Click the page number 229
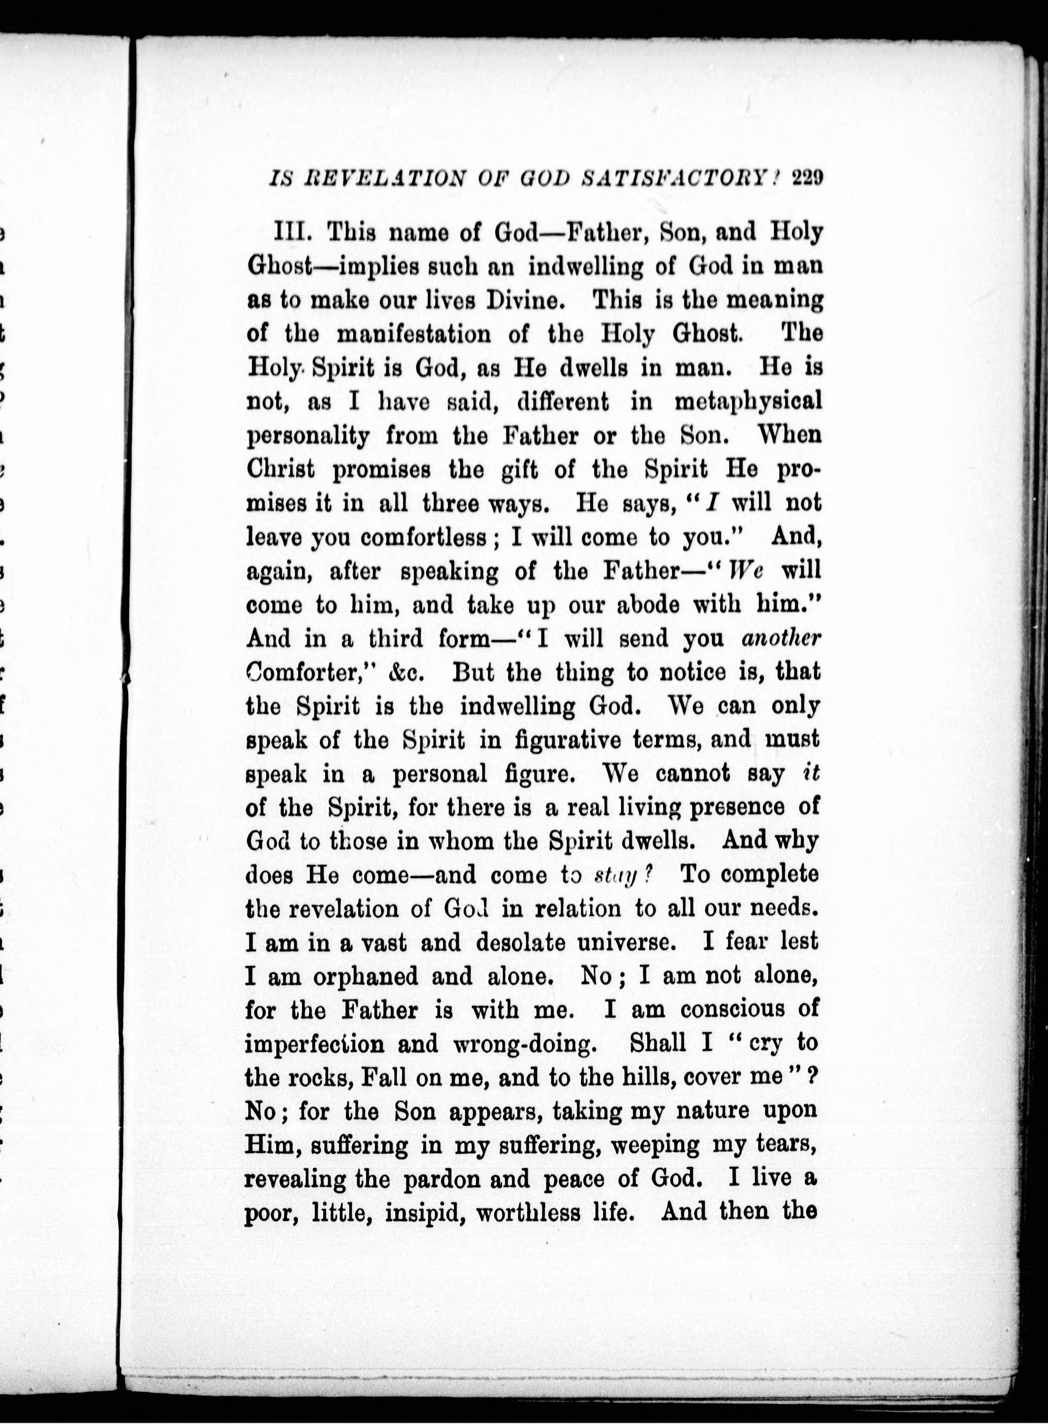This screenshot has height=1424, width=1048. [807, 180]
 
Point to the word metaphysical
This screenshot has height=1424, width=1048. [748, 401]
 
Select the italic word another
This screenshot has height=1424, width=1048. [782, 638]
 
